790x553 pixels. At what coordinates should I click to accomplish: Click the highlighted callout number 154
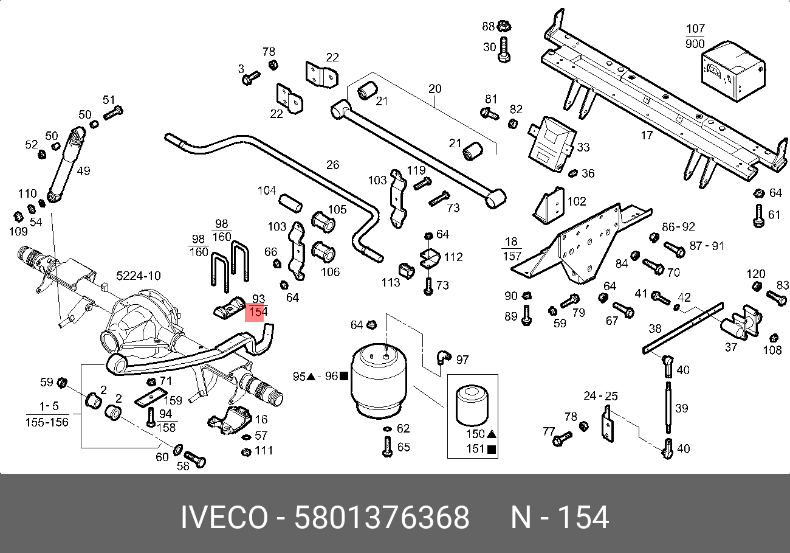[x=256, y=311]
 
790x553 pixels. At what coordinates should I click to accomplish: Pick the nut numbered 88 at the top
[x=503, y=26]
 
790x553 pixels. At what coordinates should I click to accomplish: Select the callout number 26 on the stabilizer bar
[x=332, y=165]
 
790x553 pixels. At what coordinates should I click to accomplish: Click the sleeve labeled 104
[x=290, y=203]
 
